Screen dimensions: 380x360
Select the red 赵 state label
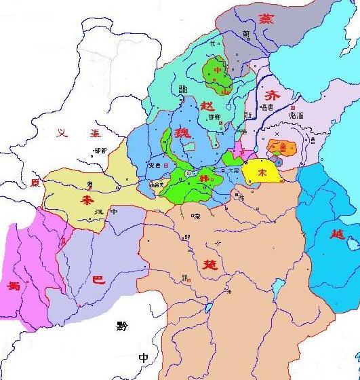(208, 104)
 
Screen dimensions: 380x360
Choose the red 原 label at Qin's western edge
(35, 183)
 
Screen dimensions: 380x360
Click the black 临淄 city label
(296, 115)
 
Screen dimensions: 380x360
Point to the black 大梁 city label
(233, 170)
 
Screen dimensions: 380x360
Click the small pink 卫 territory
(238, 153)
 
